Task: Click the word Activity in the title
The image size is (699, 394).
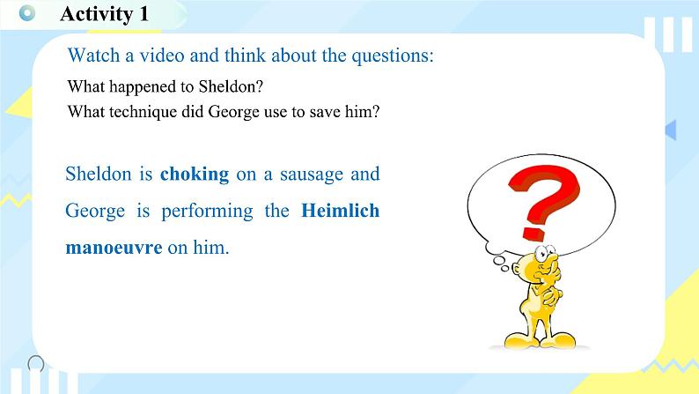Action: pyautogui.click(x=96, y=14)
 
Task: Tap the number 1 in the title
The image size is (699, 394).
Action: pyautogui.click(x=143, y=13)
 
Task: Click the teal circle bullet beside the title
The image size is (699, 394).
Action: pyautogui.click(x=27, y=13)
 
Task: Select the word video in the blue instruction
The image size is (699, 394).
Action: pyautogui.click(x=162, y=56)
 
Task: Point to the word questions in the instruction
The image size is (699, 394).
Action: pyautogui.click(x=393, y=56)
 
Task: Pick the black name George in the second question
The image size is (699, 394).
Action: pyautogui.click(x=233, y=112)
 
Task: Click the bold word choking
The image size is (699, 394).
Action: pyautogui.click(x=195, y=175)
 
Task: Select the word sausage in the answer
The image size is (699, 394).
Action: pyautogui.click(x=312, y=175)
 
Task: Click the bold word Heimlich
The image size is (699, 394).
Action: pyautogui.click(x=340, y=210)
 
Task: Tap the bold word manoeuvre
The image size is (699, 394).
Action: pyautogui.click(x=114, y=248)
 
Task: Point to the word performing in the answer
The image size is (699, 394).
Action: pyautogui.click(x=207, y=211)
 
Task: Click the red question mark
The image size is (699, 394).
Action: pyautogui.click(x=543, y=201)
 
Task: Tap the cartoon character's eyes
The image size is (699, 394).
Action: pyautogui.click(x=545, y=252)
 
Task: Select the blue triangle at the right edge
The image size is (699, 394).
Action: pyautogui.click(x=671, y=130)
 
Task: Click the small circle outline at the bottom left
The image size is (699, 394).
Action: pyautogui.click(x=36, y=364)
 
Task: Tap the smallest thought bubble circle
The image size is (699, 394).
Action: pyautogui.click(x=504, y=268)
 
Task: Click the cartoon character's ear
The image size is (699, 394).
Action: pyautogui.click(x=516, y=269)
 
